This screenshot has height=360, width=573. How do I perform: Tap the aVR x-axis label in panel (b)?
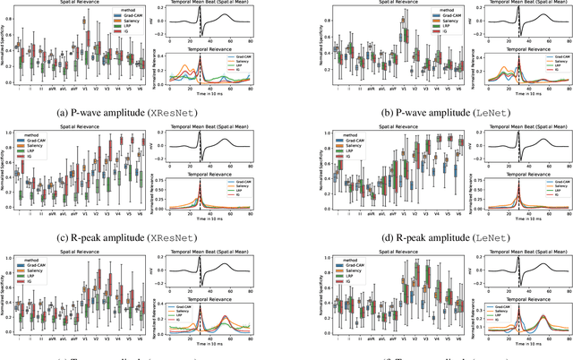[x=358, y=90]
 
